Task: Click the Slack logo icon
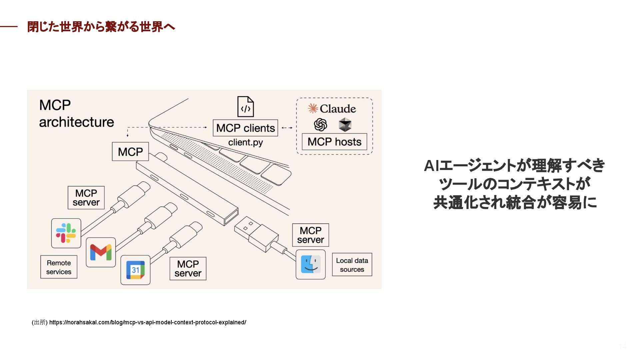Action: (66, 233)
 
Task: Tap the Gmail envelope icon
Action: (101, 252)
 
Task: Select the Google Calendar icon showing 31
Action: (135, 270)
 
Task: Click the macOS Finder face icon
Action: (311, 264)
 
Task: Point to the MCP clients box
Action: (245, 128)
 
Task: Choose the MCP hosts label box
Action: (334, 142)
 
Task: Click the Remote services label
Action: (59, 267)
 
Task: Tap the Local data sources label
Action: (352, 265)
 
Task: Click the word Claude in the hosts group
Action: (338, 109)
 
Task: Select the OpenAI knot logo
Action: (320, 125)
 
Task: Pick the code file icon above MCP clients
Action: (245, 107)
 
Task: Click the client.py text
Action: (245, 142)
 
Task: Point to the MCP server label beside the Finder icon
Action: (310, 235)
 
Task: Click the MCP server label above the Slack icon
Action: (86, 198)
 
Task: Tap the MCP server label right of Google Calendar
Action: (188, 269)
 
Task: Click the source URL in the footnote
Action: (148, 322)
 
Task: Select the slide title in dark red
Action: (101, 27)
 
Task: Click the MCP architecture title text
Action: (76, 113)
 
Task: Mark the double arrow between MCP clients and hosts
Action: (287, 128)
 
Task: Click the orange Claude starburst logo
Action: (313, 108)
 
